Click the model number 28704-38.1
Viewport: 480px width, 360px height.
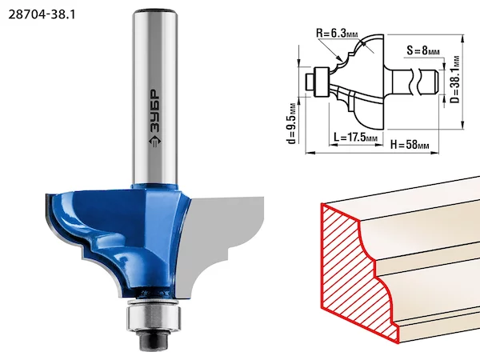click(x=42, y=14)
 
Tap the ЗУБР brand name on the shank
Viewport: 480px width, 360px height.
click(x=155, y=111)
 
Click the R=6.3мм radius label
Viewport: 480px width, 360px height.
click(x=337, y=33)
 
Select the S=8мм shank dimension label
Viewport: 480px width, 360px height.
click(x=423, y=50)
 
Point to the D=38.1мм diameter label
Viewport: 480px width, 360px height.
click(x=455, y=79)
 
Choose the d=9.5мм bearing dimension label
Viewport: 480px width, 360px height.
click(x=292, y=123)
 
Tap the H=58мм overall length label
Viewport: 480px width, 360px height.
click(x=410, y=144)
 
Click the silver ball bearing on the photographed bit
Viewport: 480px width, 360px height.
click(x=154, y=318)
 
